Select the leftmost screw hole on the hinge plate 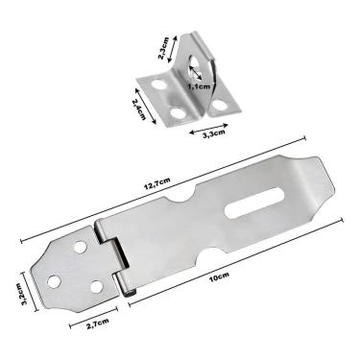pyautogui.click(x=54, y=281)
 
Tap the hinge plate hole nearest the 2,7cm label pyautogui.click(x=97, y=286)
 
